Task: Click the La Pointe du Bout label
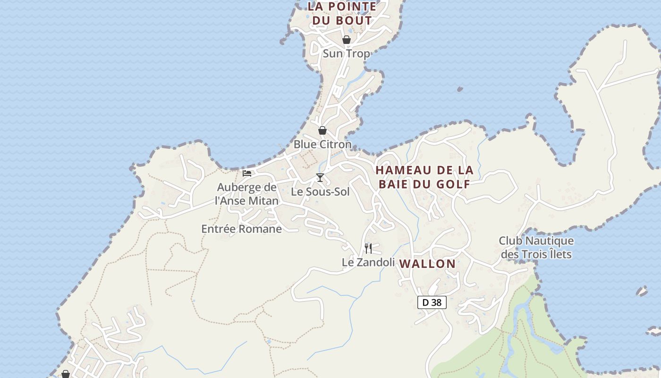(x=342, y=13)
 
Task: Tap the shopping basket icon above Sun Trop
(x=346, y=40)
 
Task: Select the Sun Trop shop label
(x=346, y=53)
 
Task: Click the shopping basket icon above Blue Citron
(x=322, y=130)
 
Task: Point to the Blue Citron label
(x=322, y=144)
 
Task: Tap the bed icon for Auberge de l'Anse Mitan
(x=247, y=173)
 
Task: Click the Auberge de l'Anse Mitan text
(x=246, y=194)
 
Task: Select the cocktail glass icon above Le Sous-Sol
(x=320, y=178)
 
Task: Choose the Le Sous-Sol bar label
(x=320, y=192)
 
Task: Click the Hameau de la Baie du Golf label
(x=424, y=177)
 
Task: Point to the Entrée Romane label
(x=241, y=229)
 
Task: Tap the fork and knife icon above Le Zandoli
(x=368, y=248)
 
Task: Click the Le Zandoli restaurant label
(x=368, y=262)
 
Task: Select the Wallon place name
(x=427, y=264)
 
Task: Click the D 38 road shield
(x=432, y=302)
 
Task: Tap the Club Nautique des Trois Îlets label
(x=536, y=248)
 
